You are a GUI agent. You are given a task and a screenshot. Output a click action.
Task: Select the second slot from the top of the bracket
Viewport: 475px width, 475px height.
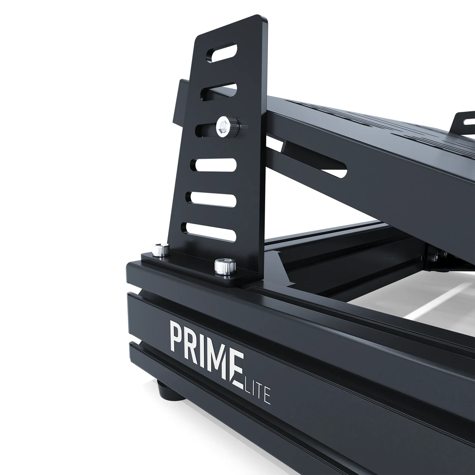coord(219,91)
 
